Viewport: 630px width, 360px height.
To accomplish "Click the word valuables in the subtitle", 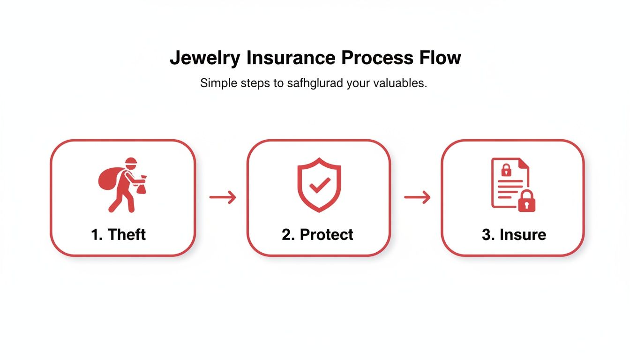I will click(399, 83).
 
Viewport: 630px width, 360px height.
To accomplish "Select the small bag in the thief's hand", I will click(142, 186).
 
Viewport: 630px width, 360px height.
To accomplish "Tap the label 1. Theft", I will click(119, 234).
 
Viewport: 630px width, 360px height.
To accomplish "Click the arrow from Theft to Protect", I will click(222, 198).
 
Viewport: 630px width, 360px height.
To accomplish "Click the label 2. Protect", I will click(317, 234).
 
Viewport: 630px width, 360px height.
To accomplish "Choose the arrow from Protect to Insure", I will click(417, 198).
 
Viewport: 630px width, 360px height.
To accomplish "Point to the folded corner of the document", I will click(524, 164).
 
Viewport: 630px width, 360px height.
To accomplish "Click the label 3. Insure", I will click(514, 234).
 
